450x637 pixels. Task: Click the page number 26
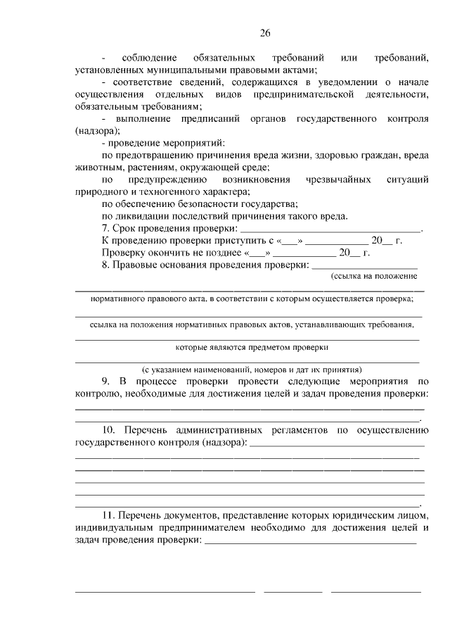click(x=264, y=33)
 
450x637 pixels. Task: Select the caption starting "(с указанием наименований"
click(x=252, y=370)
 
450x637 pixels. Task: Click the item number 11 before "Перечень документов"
click(x=108, y=516)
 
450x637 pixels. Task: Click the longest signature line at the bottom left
click(x=165, y=592)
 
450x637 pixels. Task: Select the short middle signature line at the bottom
click(x=292, y=592)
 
